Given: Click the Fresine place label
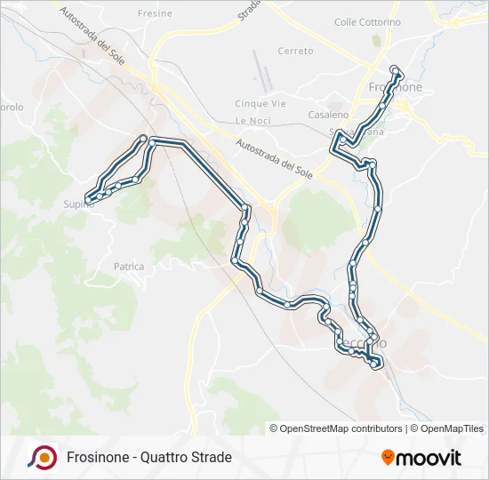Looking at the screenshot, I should coord(156,14).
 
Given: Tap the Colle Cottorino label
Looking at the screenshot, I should coord(367,22).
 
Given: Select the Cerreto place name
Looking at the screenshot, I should coord(296,52).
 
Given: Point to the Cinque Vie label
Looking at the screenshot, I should coord(261,104).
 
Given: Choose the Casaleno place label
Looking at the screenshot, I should coord(328,116).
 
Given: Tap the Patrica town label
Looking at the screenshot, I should coord(129,266).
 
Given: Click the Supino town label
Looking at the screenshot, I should coord(78,205).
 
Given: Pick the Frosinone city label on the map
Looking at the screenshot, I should coord(395,88).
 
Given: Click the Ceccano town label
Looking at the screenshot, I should coord(364,343).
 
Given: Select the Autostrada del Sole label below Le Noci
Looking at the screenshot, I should coord(276,157).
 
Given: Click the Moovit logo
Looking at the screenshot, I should coord(421,458).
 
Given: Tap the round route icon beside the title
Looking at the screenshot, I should coord(42,457).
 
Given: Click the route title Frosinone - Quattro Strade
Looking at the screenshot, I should coord(148,458).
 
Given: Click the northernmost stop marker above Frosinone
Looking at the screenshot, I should coord(396,68).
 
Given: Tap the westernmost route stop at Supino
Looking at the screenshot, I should coord(88,197).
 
